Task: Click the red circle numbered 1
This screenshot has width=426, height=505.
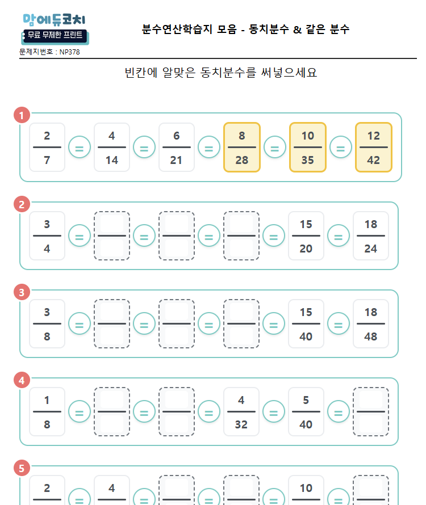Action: click(x=22, y=116)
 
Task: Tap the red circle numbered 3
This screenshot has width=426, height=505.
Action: click(x=22, y=292)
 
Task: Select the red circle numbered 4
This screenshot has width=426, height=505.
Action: click(x=22, y=380)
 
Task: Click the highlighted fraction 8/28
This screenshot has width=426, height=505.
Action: click(x=242, y=148)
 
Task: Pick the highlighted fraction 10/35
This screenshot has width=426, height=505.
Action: click(x=307, y=148)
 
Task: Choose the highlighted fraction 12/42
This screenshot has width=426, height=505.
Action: click(x=373, y=148)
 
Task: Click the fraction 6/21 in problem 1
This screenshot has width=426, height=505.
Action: click(x=177, y=148)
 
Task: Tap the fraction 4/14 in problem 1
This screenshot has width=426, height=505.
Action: click(x=112, y=148)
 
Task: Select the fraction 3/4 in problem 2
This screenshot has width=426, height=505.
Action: click(x=47, y=236)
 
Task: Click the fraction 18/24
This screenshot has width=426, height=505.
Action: click(x=371, y=236)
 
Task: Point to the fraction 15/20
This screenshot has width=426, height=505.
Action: click(x=306, y=236)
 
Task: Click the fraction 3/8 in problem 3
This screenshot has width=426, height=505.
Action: click(x=47, y=324)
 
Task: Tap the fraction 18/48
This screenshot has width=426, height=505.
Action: click(x=371, y=324)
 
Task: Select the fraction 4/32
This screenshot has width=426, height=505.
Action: click(x=241, y=412)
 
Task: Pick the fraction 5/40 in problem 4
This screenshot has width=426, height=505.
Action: click(x=306, y=412)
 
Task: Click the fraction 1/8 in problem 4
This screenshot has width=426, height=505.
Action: click(x=47, y=412)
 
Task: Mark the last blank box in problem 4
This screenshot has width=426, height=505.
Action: click(x=371, y=412)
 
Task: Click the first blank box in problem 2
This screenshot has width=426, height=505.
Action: click(x=112, y=236)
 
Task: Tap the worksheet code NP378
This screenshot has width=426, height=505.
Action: click(x=70, y=52)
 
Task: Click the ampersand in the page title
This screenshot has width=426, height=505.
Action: click(x=297, y=29)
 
